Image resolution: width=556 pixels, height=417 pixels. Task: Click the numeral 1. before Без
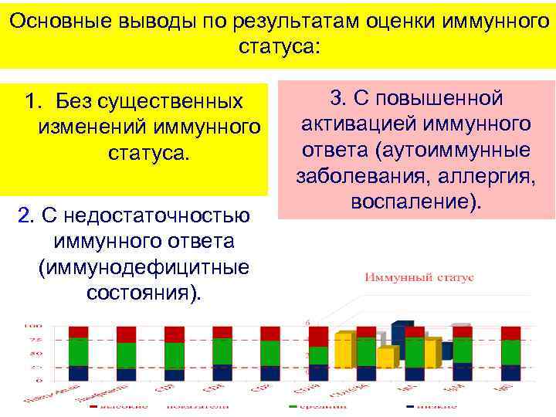[33, 101]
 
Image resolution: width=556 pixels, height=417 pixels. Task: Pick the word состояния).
[144, 293]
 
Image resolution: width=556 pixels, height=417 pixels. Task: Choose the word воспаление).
[416, 201]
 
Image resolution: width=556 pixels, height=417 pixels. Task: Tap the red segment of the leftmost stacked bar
[79, 332]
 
